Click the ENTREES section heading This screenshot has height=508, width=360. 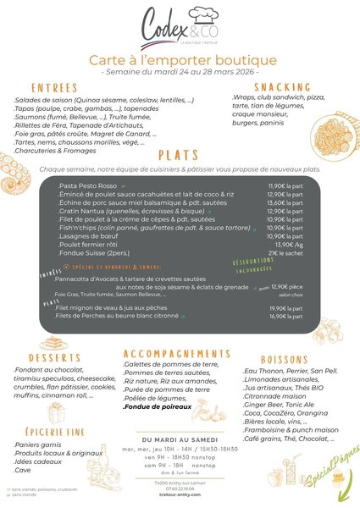[x=55, y=87]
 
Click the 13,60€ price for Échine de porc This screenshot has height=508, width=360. [x=285, y=203]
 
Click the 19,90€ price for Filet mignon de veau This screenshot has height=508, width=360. [x=285, y=308]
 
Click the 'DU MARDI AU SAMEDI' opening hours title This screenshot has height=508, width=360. [x=178, y=439]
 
